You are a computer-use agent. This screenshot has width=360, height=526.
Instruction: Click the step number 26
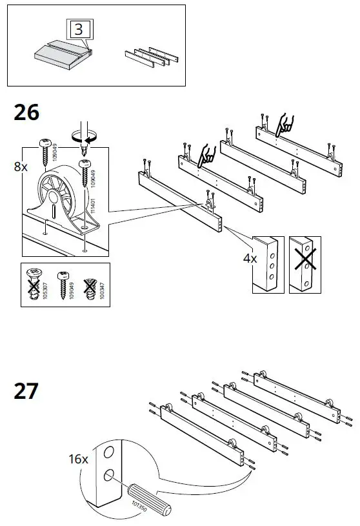tap(26, 113)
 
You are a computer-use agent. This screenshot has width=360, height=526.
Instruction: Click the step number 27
tap(26, 390)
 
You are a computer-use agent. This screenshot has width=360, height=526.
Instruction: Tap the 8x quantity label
tap(21, 167)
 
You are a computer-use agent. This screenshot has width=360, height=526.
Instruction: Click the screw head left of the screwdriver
tap(46, 143)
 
